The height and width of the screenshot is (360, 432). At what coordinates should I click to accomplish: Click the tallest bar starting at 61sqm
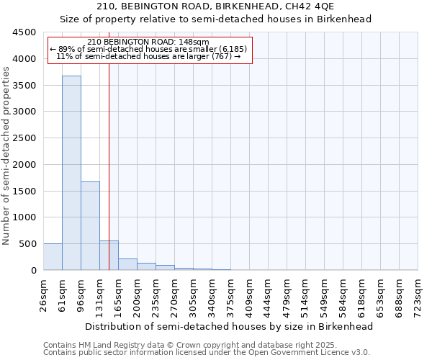pos(71,173)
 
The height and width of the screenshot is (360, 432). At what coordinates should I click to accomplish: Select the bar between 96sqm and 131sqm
pos(90,225)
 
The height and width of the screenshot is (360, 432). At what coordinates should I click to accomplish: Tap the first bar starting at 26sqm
pos(53,257)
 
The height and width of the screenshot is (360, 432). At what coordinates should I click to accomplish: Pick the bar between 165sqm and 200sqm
pos(127,264)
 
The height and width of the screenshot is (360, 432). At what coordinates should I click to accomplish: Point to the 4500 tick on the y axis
pos(26,32)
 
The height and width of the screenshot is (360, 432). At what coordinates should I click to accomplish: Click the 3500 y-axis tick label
pos(26,85)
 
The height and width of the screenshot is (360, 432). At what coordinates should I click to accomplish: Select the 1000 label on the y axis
pos(26,217)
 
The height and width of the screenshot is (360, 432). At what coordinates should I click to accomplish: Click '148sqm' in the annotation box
pos(195,42)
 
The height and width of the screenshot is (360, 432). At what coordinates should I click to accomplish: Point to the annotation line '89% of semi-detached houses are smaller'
pos(148,49)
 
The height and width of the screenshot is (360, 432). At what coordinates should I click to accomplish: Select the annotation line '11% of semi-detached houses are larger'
pos(148,56)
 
